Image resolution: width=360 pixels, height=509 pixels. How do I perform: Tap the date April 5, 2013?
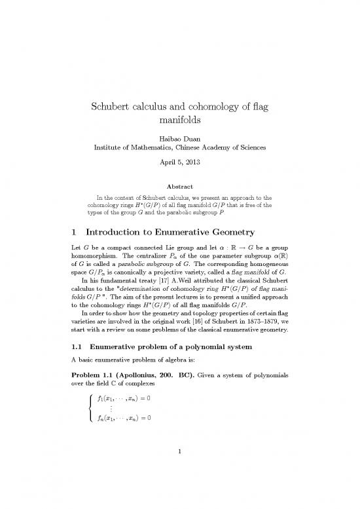tap(179, 168)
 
